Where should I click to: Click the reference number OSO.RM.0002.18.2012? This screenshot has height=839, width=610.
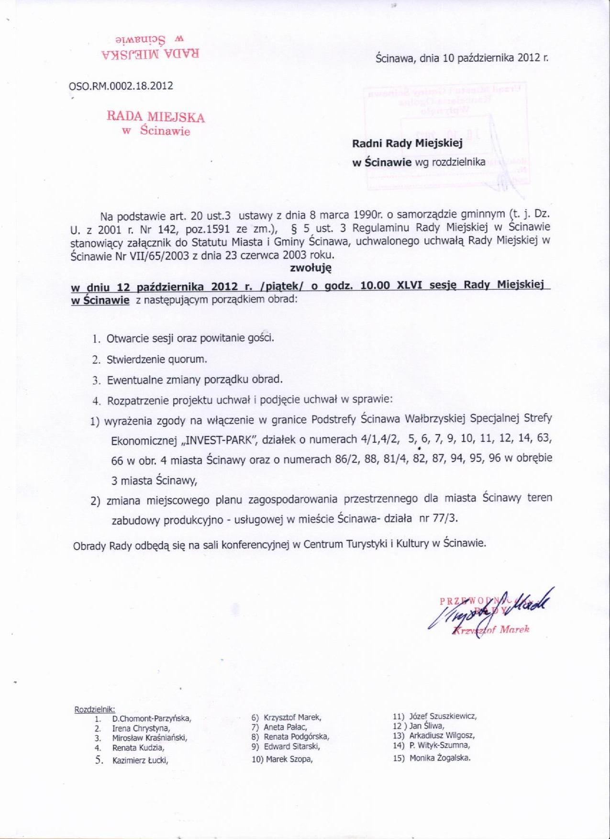tap(121, 86)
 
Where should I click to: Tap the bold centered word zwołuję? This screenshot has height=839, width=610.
tap(311, 268)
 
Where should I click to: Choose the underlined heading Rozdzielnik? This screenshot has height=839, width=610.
tap(95, 709)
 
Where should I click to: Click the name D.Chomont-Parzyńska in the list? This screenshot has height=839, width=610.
tap(152, 718)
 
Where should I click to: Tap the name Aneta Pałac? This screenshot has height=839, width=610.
tap(285, 727)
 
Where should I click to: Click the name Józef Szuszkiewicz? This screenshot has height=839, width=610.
tap(443, 716)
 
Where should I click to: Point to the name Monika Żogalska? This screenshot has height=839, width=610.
tap(440, 758)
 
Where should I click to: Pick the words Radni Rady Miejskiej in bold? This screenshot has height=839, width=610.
tap(407, 143)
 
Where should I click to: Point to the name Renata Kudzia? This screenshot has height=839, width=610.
tap(138, 748)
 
